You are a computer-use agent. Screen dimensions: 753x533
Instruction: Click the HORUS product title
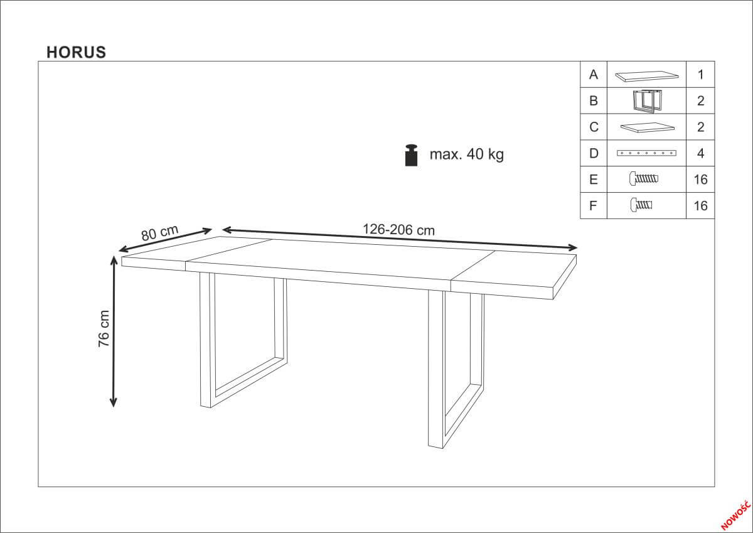point(77,52)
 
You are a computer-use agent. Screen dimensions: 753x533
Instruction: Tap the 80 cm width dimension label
point(159,233)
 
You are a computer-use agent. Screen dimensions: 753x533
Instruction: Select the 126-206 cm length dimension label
point(398,230)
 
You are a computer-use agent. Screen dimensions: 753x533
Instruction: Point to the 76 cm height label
point(104,328)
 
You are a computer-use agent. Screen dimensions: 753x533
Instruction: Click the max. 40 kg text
point(467,154)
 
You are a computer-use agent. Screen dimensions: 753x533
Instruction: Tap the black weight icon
point(412,155)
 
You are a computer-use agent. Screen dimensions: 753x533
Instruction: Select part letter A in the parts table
point(594,74)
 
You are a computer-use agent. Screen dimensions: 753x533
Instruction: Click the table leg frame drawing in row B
point(646,101)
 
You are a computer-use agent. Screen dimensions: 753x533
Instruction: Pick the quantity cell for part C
point(700,127)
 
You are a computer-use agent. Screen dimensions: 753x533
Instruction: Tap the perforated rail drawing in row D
point(646,153)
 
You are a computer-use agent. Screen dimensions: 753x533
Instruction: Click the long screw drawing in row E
point(643,178)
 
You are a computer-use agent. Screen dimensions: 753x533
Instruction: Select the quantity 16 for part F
point(700,206)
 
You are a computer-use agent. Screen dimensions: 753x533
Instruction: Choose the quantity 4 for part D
point(700,153)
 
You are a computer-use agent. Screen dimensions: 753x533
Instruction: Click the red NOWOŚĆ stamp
point(736,516)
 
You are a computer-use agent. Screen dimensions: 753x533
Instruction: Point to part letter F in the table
point(594,206)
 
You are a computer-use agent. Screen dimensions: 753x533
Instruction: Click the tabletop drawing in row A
point(646,76)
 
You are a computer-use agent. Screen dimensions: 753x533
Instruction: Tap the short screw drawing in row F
point(641,205)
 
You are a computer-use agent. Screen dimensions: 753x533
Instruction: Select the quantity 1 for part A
point(700,74)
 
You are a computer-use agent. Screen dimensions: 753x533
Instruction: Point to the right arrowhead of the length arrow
point(572,248)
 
